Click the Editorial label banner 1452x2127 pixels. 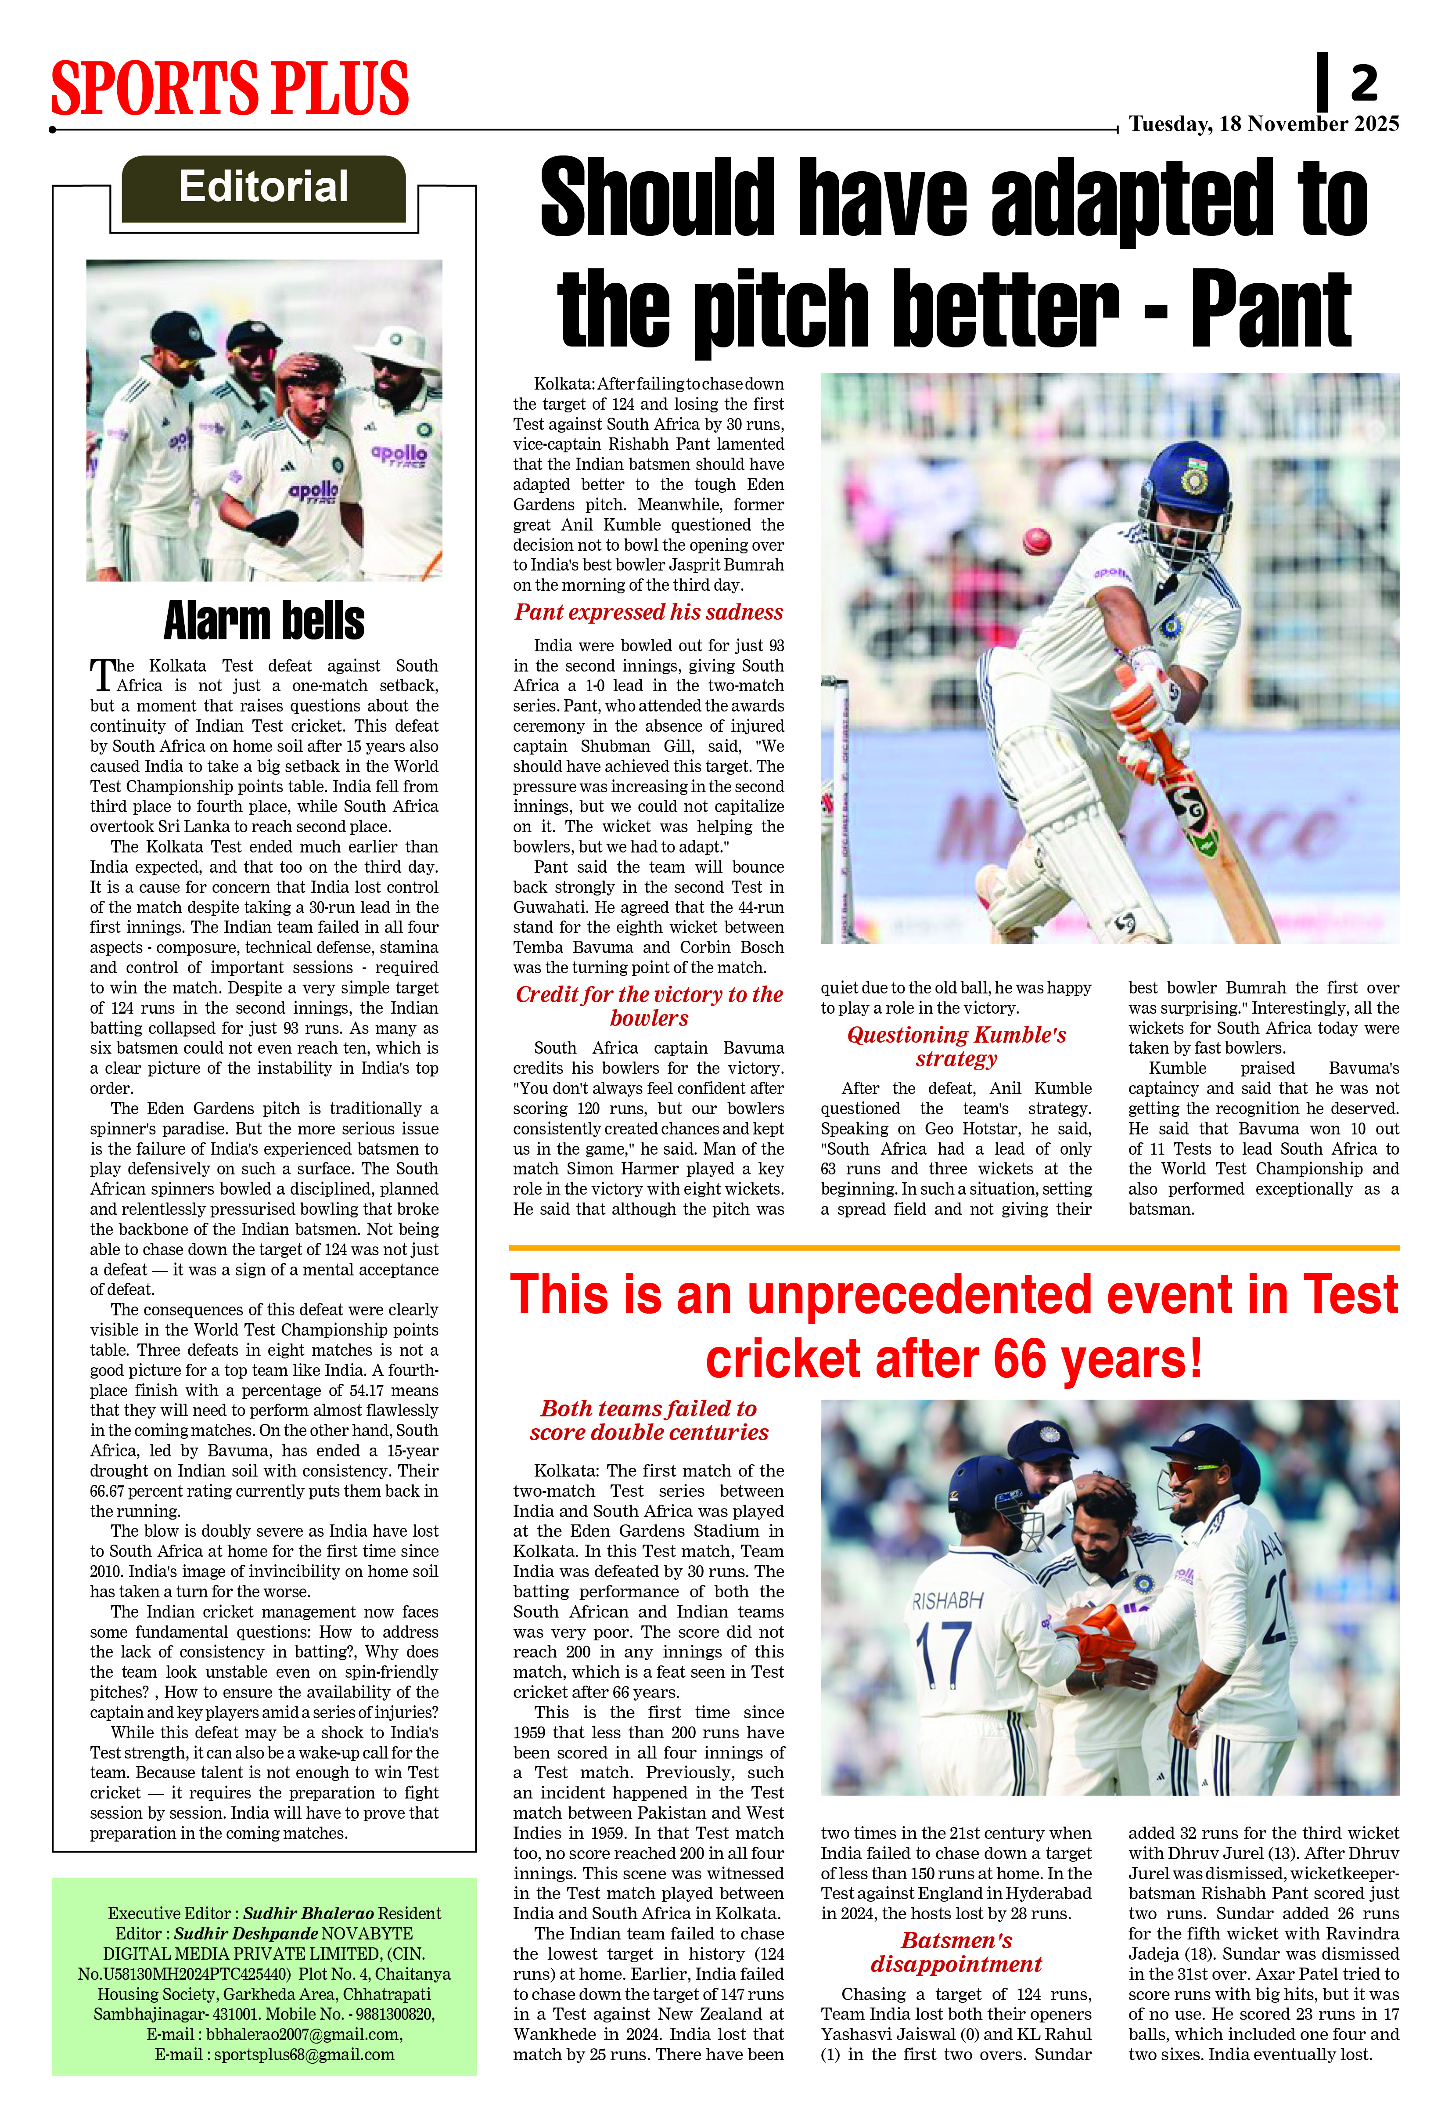tap(263, 188)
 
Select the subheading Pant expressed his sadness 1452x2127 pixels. tap(649, 612)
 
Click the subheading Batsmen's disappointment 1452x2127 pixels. tap(956, 1952)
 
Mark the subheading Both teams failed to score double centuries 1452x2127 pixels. tap(649, 1420)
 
